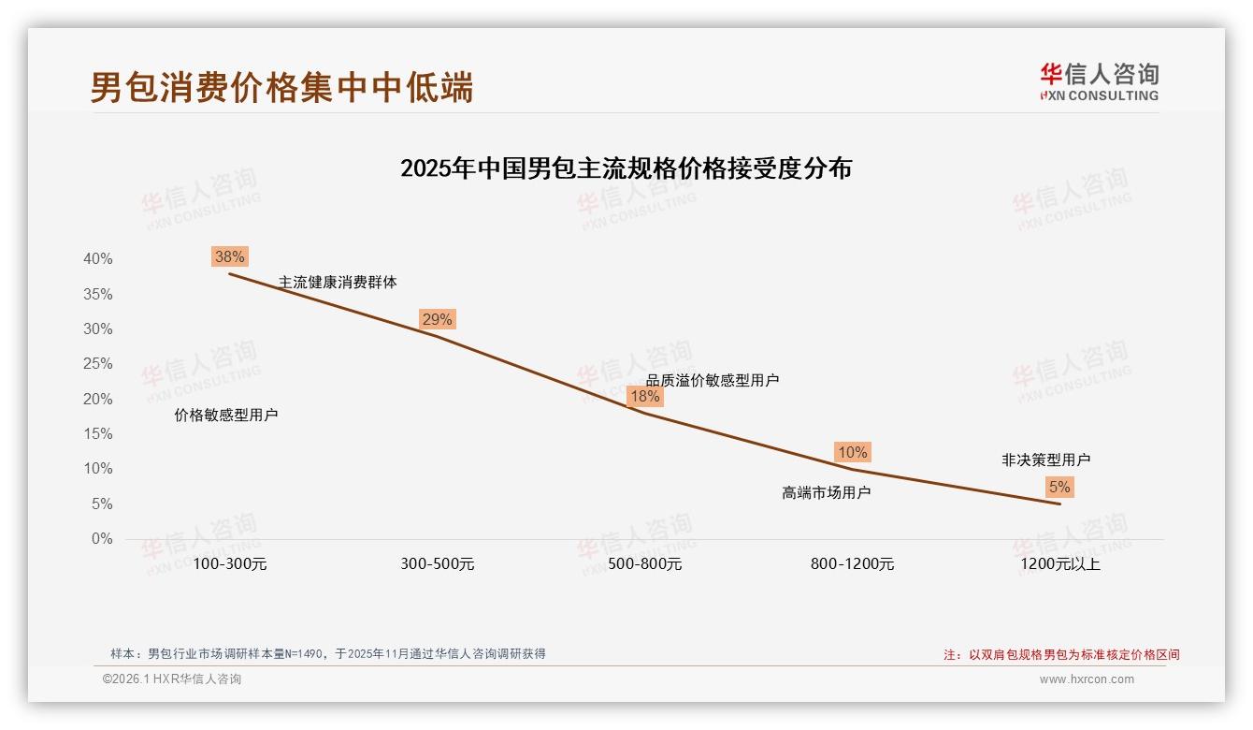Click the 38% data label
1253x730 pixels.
click(x=229, y=256)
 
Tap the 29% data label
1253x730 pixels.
click(x=437, y=319)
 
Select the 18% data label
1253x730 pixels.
click(x=644, y=396)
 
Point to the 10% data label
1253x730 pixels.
click(x=852, y=452)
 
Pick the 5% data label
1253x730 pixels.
click(x=1059, y=487)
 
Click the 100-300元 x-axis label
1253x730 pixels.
click(x=229, y=564)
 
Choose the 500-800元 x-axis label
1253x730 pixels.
click(x=644, y=564)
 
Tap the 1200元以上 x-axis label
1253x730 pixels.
click(x=1059, y=564)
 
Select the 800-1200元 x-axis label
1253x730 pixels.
click(x=852, y=564)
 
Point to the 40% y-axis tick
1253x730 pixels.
click(x=97, y=258)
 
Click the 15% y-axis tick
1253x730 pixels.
click(x=97, y=433)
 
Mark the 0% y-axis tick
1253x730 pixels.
click(x=101, y=538)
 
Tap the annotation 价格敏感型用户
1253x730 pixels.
click(x=226, y=415)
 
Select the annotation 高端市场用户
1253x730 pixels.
click(x=826, y=492)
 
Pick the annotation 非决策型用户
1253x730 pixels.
click(x=1045, y=460)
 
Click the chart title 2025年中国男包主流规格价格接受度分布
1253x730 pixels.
click(x=626, y=168)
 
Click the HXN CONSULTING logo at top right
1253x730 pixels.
click(x=1099, y=82)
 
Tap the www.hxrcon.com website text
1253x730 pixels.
click(x=1087, y=679)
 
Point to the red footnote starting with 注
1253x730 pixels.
click(x=1061, y=655)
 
